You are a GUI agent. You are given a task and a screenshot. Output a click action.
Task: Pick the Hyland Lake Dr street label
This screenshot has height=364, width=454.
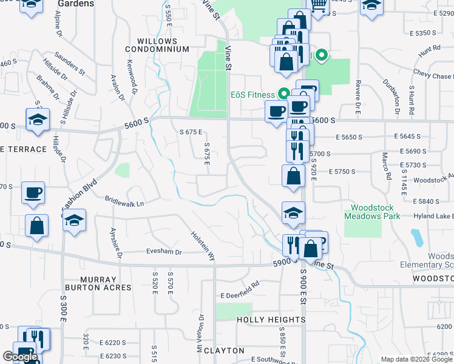pyautogui.click(x=436, y=217)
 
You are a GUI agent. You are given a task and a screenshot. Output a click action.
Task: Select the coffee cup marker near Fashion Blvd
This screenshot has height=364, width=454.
pyautogui.click(x=33, y=193)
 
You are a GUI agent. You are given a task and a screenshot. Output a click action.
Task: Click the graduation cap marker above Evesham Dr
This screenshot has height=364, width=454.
pyautogui.click(x=74, y=220)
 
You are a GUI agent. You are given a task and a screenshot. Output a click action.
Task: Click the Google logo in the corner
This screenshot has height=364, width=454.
pyautogui.click(x=20, y=357)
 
